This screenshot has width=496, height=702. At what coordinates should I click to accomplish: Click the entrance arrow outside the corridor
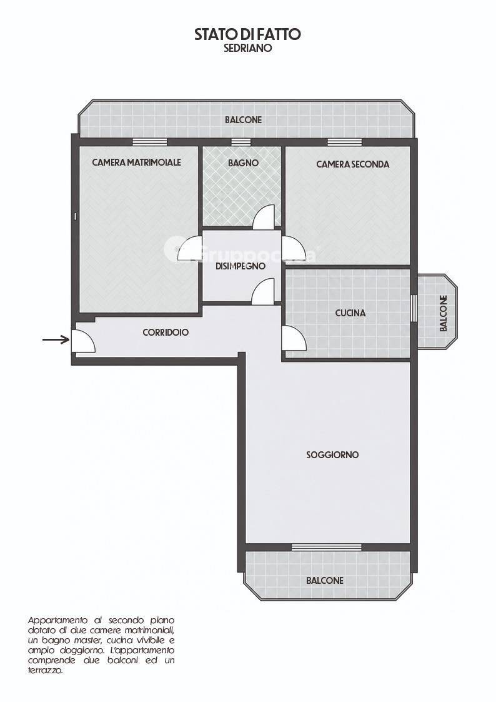coord(56,340)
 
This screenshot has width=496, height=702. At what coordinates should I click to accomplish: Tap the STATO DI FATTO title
coord(247,34)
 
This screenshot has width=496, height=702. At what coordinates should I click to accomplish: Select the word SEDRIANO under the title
coord(248,48)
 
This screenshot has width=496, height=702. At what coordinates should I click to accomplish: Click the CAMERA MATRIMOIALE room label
coord(136,162)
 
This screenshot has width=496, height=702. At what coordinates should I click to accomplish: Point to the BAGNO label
coord(243,163)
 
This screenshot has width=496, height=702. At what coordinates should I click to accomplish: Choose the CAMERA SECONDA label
coord(352,164)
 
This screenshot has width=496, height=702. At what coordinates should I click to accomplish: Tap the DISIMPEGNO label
coord(241,266)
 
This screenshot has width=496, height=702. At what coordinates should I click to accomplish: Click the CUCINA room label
coord(350,313)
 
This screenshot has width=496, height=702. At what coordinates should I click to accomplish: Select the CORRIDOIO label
coord(166,333)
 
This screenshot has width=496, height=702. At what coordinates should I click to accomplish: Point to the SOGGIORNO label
coord(332,455)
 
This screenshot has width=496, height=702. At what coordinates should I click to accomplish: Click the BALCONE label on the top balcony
coord(243,120)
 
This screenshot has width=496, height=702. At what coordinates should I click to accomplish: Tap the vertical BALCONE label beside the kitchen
coord(444,313)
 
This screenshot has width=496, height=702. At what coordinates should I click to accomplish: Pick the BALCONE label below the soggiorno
coord(325,581)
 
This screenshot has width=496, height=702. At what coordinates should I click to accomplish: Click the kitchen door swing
coord(294,338)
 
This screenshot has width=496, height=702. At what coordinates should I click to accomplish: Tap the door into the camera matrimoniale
coord(190,248)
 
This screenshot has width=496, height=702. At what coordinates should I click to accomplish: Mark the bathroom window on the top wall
coord(241,142)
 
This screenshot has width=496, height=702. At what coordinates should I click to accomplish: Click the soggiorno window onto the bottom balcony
coord(327,547)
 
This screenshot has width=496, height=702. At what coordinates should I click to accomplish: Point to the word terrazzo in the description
coord(45,671)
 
